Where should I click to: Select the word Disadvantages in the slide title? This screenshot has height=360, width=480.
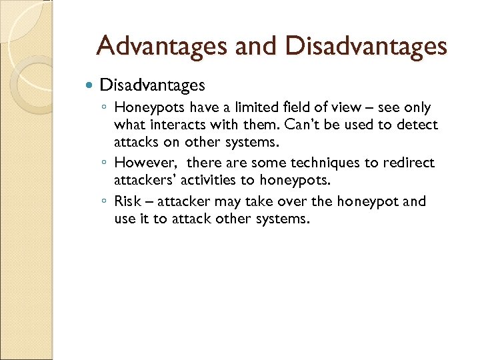367,46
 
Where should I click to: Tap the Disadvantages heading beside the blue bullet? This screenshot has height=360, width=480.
152,85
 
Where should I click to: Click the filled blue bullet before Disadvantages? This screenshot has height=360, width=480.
91,85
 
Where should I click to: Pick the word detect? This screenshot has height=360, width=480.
417,125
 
